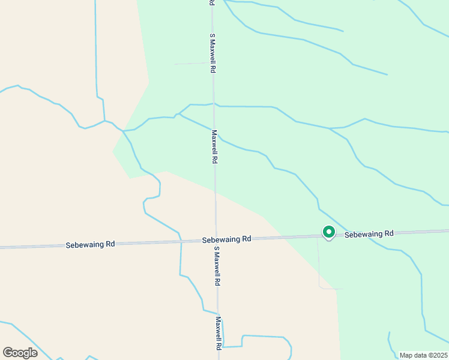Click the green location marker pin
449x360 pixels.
pyautogui.click(x=328, y=232)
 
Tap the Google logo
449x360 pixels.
pyautogui.click(x=20, y=352)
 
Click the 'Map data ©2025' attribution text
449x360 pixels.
pyautogui.click(x=423, y=355)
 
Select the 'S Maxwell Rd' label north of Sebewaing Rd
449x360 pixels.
pyautogui.click(x=212, y=53)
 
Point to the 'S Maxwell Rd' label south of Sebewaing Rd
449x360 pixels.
pyautogui.click(x=217, y=267)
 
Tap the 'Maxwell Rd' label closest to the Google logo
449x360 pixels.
pyautogui.click(x=219, y=334)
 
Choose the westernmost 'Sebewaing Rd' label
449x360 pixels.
pyautogui.click(x=90, y=245)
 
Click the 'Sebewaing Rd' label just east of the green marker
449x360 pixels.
pyautogui.click(x=369, y=233)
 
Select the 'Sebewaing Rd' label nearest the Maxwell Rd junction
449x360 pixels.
pyautogui.click(x=226, y=239)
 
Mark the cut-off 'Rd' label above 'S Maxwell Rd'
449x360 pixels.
pyautogui.click(x=212, y=3)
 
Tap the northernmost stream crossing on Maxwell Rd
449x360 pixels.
pyautogui.click(x=214, y=104)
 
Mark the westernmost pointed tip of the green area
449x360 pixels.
pyautogui.click(x=113, y=151)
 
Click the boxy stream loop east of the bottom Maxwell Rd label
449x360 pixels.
pyautogui.click(x=264, y=342)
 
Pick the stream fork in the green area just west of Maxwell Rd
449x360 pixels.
pyautogui.click(x=178, y=114)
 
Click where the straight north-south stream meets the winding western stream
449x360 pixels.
pyautogui.click(x=104, y=121)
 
